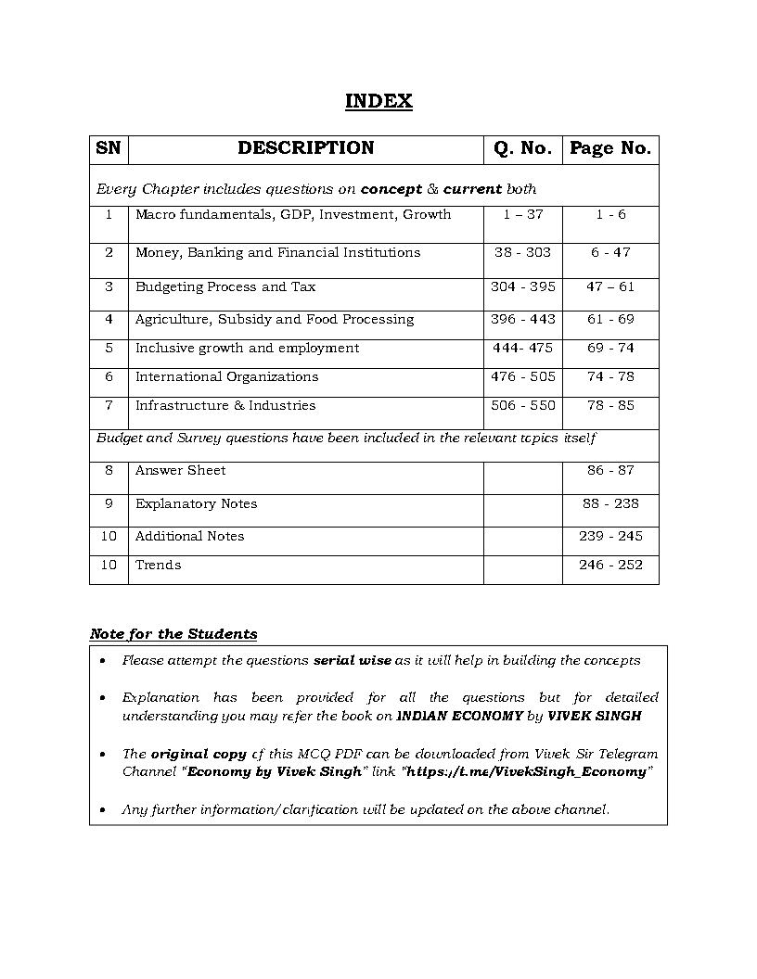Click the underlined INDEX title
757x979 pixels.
(378, 101)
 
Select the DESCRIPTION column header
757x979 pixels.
(305, 148)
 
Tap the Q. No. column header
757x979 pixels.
(522, 148)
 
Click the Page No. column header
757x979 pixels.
(610, 148)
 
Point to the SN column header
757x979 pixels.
(109, 148)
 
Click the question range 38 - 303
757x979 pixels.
(522, 252)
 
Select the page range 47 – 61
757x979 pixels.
(610, 287)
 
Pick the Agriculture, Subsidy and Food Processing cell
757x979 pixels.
(275, 320)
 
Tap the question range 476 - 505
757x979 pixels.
(522, 377)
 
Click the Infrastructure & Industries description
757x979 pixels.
(225, 406)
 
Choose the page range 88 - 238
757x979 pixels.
(610, 504)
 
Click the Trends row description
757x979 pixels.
(159, 566)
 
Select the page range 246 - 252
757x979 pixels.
(610, 566)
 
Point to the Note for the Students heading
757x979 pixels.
(173, 635)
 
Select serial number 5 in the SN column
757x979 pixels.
(109, 349)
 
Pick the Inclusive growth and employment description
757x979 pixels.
(247, 349)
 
